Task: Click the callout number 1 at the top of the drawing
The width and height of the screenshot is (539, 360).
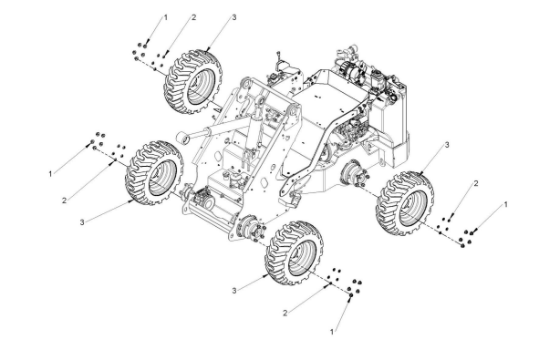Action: [165, 17]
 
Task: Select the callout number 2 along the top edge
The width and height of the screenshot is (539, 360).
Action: [194, 17]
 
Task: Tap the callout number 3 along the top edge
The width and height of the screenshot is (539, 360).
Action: [234, 17]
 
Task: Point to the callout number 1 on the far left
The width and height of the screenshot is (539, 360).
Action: [50, 174]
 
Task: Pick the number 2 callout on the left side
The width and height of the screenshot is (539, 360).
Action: [64, 201]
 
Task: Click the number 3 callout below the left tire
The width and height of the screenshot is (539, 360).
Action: [82, 222]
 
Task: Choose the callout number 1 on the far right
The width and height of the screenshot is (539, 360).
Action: [505, 204]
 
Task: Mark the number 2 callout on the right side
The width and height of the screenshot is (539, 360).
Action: [476, 183]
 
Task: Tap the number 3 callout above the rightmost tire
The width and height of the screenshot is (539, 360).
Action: [447, 145]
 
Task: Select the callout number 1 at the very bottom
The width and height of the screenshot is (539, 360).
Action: [332, 332]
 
